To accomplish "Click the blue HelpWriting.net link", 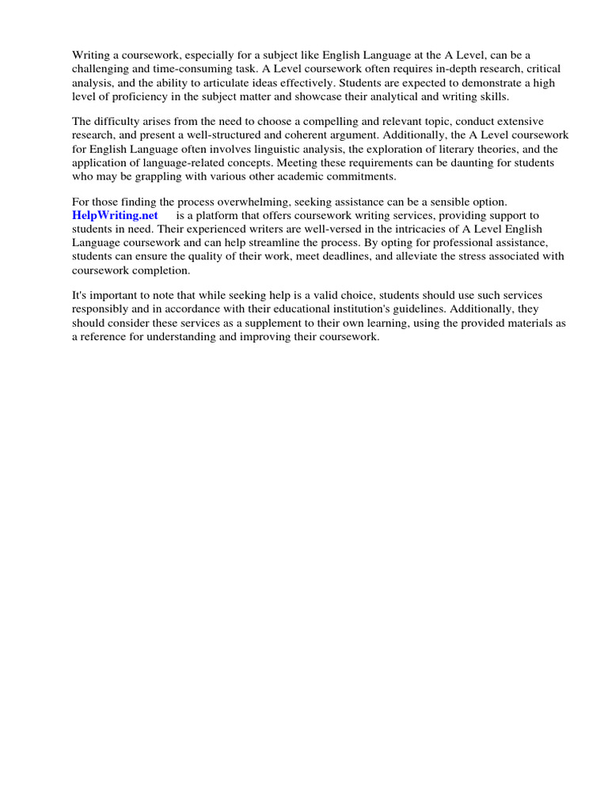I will point(115,215).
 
